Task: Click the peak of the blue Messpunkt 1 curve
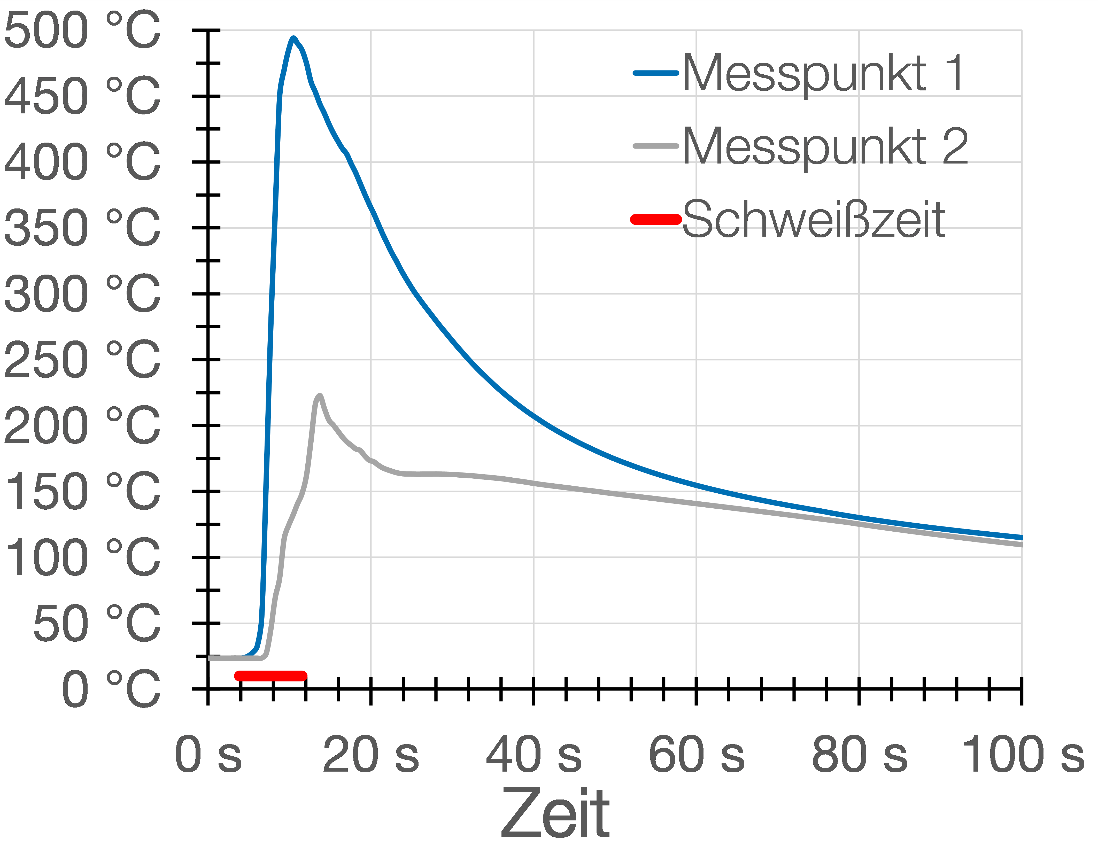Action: pyautogui.click(x=293, y=38)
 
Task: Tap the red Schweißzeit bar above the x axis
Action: pyautogui.click(x=270, y=676)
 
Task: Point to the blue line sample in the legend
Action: pyautogui.click(x=656, y=73)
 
